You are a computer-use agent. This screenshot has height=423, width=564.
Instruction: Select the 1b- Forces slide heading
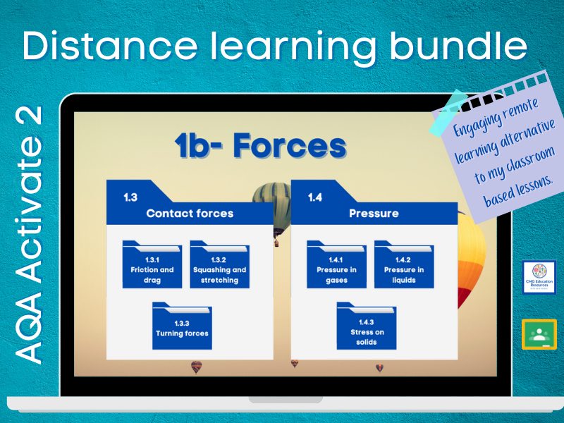[x=260, y=147]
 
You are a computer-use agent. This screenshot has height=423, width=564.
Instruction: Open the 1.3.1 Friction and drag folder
[x=152, y=266]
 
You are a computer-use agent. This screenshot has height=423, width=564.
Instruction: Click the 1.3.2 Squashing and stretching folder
[x=219, y=266]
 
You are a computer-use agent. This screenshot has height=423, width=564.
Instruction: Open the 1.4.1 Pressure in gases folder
[x=336, y=266]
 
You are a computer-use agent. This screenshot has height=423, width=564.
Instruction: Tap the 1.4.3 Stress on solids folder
[x=366, y=327]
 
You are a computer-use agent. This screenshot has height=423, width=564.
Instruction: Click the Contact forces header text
[x=190, y=213]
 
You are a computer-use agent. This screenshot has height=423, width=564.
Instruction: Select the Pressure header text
[x=374, y=213]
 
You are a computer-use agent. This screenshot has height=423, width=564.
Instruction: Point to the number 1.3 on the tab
[x=130, y=197]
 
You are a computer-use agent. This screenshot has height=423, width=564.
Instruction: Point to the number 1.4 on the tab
[x=314, y=197]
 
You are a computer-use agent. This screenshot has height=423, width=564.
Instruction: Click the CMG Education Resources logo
[x=539, y=278]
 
